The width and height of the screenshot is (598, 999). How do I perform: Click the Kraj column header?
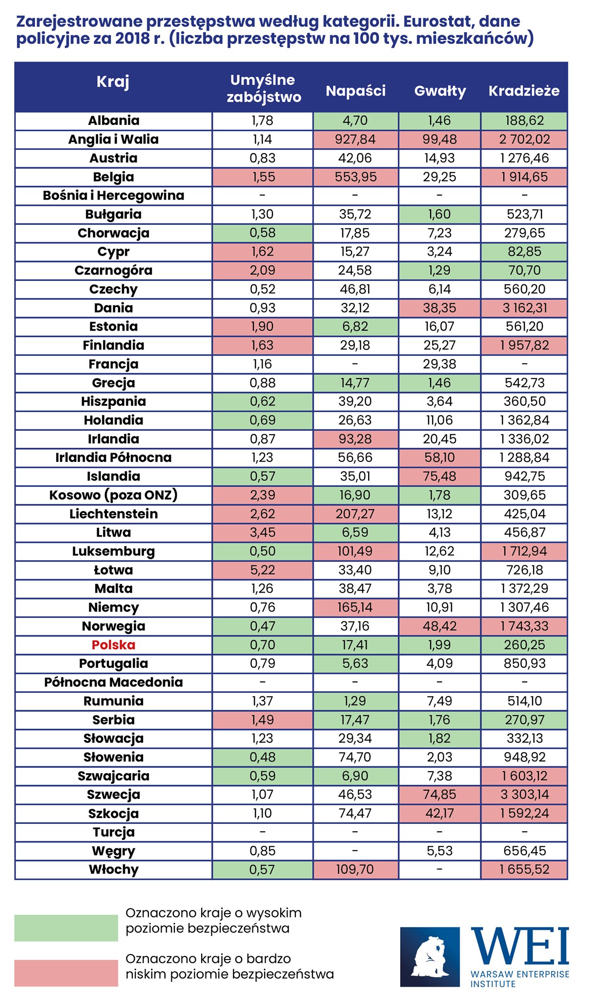[x=113, y=82]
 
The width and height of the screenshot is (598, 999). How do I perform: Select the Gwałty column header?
[x=440, y=91]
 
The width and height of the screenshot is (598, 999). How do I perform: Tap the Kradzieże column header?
[x=524, y=91]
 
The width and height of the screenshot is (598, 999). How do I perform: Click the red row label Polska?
[x=113, y=645]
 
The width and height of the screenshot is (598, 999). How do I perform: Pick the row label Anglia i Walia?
[x=113, y=140]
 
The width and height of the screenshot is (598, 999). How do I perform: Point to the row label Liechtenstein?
[x=113, y=514]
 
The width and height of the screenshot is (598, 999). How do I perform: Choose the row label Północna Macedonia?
[x=113, y=682]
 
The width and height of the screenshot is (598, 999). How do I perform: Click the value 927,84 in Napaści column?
[x=355, y=140]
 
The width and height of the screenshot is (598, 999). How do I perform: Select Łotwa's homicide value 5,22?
[x=263, y=570]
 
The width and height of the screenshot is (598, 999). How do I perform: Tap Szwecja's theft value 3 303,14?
[x=524, y=795]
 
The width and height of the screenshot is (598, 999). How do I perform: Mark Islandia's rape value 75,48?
[x=439, y=476]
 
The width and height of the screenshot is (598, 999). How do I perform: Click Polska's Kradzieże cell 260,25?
[x=524, y=645]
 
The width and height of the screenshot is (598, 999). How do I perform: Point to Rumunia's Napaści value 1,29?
[x=355, y=701]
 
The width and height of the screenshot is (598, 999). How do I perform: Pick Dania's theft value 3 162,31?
[x=524, y=308]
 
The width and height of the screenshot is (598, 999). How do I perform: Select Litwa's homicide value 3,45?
[x=263, y=532]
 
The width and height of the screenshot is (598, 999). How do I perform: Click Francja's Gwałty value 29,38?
[x=439, y=364]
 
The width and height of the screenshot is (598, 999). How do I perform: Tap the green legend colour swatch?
[x=66, y=928]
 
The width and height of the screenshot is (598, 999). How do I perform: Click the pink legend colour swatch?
[x=66, y=973]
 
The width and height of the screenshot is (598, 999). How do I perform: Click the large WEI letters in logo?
[x=519, y=946]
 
